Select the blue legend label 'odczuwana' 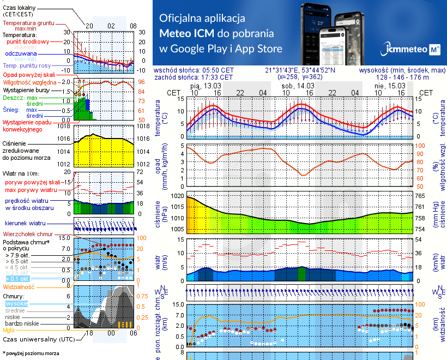(21, 54)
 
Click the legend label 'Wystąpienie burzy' (28, 89)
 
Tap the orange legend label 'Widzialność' (19, 286)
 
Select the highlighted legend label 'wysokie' (16, 303)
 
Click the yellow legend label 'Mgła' (9, 330)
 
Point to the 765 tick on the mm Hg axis (421, 195)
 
